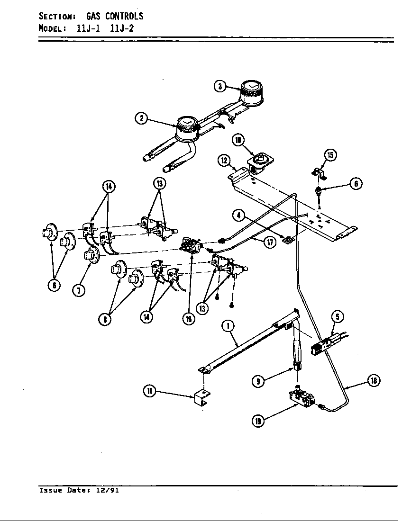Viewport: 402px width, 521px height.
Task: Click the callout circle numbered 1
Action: click(x=228, y=326)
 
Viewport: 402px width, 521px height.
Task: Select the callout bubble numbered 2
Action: click(x=141, y=118)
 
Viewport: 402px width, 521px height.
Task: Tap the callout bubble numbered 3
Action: click(x=219, y=86)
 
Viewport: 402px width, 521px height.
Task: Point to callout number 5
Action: click(x=337, y=317)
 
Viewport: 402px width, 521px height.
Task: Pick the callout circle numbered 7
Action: click(x=79, y=290)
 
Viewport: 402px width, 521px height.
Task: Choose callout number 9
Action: click(x=258, y=381)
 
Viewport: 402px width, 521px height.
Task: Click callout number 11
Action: click(x=149, y=391)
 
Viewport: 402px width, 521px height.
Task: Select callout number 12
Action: click(x=224, y=160)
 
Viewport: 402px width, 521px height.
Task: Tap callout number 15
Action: click(x=330, y=154)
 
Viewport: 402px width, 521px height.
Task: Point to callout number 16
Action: click(x=189, y=318)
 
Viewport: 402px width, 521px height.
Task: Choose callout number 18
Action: click(x=374, y=380)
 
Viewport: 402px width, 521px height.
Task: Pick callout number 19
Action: click(x=258, y=420)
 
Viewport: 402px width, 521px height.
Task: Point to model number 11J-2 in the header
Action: click(x=122, y=28)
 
